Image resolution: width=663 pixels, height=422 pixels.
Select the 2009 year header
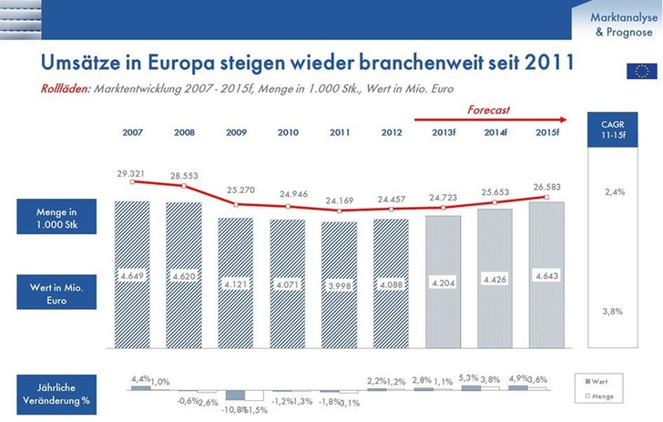tap(238, 133)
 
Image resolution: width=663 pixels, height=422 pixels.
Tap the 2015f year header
tap(546, 133)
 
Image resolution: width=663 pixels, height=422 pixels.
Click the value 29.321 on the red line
tap(133, 172)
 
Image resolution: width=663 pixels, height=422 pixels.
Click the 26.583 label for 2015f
tap(546, 185)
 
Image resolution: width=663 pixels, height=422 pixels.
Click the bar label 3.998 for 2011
tap(341, 287)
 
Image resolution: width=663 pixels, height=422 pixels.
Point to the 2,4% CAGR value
tap(615, 192)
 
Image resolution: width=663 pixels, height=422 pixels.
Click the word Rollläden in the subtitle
tap(65, 88)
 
